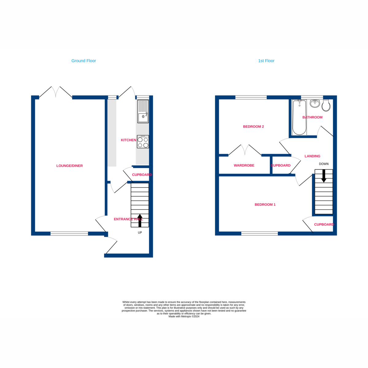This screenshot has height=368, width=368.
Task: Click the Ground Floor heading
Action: tap(83, 61)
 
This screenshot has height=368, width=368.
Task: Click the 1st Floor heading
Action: tap(266, 61)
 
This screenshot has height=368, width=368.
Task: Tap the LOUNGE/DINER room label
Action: tap(70, 166)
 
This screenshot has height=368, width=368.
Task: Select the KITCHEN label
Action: tap(128, 140)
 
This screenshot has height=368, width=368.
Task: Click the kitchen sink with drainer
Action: tap(143, 112)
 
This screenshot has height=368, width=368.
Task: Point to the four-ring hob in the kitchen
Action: tap(143, 142)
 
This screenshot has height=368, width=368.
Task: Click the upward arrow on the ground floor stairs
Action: tap(140, 220)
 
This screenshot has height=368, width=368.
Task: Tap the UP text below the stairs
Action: tap(140, 232)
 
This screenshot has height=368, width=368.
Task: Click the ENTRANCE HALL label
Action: tap(128, 219)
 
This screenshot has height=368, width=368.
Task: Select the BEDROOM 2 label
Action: tap(253, 126)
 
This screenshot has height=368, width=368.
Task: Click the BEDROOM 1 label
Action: tap(265, 205)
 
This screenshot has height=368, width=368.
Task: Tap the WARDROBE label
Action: tap(244, 165)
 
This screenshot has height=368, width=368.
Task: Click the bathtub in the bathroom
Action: tap(299, 118)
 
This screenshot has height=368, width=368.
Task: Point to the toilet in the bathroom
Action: tap(326, 106)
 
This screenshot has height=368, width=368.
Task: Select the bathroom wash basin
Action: tap(315, 104)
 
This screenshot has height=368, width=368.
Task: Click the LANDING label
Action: tap(312, 156)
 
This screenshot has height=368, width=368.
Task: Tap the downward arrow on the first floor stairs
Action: tap(324, 176)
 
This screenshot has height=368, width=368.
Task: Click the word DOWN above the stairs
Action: tap(324, 164)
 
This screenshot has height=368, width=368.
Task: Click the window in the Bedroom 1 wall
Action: tap(259, 234)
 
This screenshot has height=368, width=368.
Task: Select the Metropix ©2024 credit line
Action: tap(184, 316)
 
